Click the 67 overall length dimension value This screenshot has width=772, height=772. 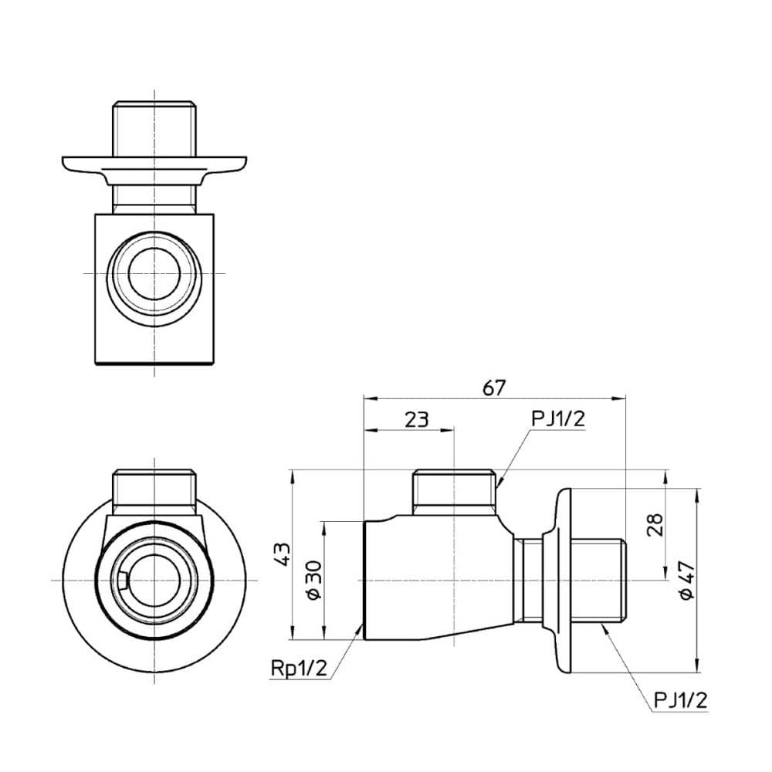tap(494, 388)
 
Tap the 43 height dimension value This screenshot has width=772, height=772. tap(283, 554)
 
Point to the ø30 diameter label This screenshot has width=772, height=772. tap(313, 580)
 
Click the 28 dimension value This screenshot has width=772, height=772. tap(655, 525)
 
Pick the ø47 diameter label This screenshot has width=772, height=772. tap(688, 581)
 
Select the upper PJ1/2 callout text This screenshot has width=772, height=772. tap(558, 418)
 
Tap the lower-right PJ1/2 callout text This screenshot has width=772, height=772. tap(679, 700)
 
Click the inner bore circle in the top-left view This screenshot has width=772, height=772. tap(154, 274)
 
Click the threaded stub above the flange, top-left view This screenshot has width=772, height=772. tap(154, 127)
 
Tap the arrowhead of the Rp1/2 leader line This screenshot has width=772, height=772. tap(360, 628)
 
